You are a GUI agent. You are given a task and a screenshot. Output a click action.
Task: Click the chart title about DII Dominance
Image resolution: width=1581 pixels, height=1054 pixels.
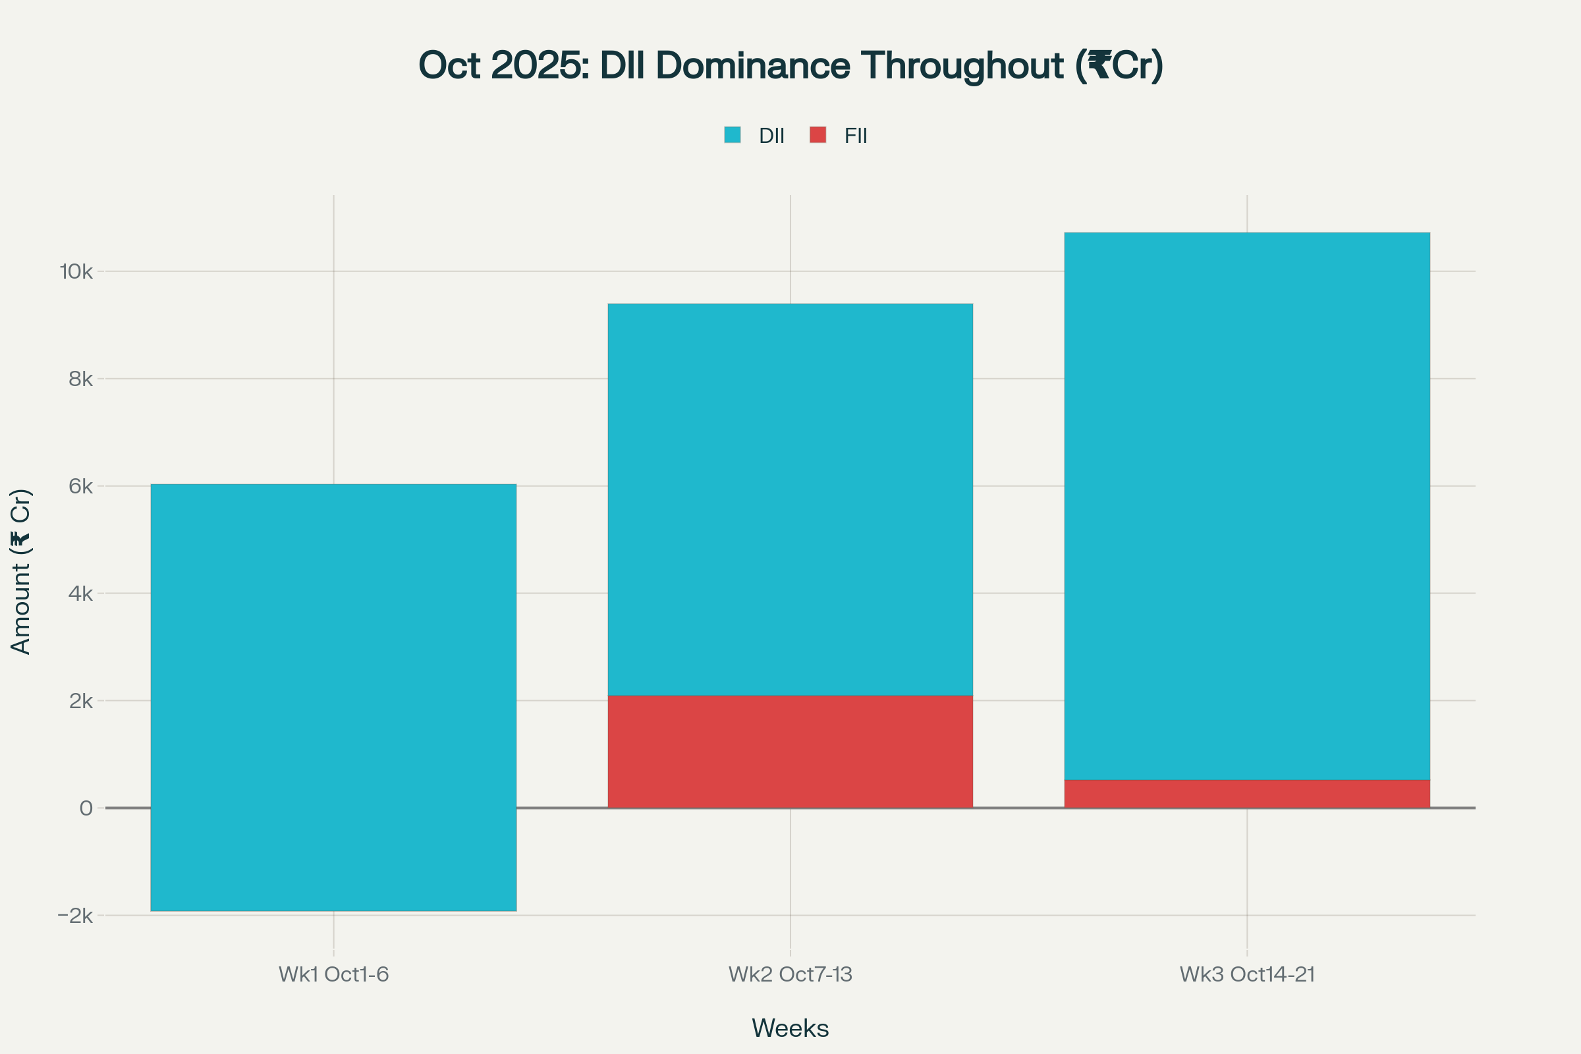click(790, 66)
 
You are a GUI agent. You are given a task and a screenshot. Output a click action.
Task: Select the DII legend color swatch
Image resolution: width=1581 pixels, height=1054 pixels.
click(732, 135)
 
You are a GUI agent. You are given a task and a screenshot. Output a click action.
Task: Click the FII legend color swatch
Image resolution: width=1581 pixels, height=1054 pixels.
click(818, 135)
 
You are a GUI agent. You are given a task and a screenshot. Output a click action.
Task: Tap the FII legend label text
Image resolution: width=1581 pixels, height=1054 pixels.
click(856, 136)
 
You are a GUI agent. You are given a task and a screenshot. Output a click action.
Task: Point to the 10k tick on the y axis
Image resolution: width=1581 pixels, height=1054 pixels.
click(76, 272)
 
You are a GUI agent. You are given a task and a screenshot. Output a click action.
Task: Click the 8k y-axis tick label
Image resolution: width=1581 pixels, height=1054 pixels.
click(80, 379)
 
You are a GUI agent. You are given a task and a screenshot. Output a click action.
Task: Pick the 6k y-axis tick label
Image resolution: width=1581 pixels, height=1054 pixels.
click(80, 487)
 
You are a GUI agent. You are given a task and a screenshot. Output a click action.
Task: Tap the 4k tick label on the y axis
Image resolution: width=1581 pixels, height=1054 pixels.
click(80, 594)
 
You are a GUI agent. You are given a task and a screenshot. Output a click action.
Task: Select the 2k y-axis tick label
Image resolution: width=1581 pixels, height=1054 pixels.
click(80, 701)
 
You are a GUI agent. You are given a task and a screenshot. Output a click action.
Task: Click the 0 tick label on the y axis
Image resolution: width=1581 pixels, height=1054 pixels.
click(86, 808)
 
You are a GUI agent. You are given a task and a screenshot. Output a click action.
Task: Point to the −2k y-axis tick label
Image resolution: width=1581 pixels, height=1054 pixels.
click(75, 916)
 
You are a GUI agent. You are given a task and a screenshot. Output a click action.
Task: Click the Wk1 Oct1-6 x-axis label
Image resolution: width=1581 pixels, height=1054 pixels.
click(333, 975)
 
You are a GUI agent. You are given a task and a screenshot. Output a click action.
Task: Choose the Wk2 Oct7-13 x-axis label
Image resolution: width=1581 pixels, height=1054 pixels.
click(790, 975)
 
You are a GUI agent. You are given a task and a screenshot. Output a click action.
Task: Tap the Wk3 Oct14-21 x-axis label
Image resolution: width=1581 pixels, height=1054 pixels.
click(1247, 975)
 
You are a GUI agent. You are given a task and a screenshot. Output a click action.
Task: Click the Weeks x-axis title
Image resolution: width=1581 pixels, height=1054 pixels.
click(790, 1028)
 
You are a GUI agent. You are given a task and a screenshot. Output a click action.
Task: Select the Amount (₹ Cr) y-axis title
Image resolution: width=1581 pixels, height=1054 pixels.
click(21, 571)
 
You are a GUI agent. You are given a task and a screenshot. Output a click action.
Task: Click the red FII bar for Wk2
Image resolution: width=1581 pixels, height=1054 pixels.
click(790, 752)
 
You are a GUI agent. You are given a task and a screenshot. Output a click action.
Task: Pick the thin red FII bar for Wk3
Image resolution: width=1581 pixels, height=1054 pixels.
click(1247, 794)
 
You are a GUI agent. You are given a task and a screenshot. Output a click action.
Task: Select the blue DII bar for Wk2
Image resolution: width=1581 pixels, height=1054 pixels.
click(790, 499)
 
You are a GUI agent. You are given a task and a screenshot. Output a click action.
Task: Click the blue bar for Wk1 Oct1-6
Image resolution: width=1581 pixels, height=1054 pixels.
click(333, 697)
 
